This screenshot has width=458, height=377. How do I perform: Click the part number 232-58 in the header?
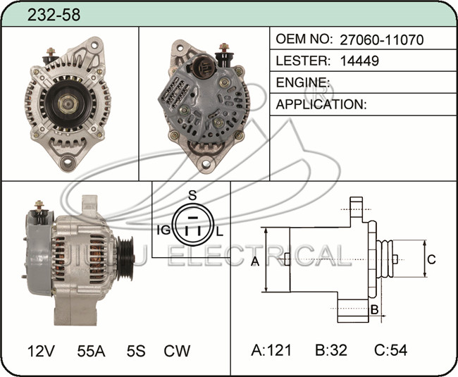pyautogui.click(x=54, y=15)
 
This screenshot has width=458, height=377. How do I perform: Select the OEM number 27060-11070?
pyautogui.click(x=381, y=39)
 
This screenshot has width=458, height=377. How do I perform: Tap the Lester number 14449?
pyautogui.click(x=359, y=61)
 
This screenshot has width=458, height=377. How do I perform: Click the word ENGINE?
pyautogui.click(x=303, y=82)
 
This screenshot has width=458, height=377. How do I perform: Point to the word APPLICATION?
pyautogui.click(x=321, y=104)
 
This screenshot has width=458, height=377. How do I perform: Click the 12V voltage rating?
pyautogui.click(x=41, y=351)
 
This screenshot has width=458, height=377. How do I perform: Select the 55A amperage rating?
pyautogui.click(x=91, y=351)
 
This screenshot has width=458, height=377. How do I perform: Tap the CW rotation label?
pyautogui.click(x=177, y=351)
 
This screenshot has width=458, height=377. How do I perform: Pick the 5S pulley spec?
pyautogui.click(x=136, y=351)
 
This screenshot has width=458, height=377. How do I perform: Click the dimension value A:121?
pyautogui.click(x=271, y=350)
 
